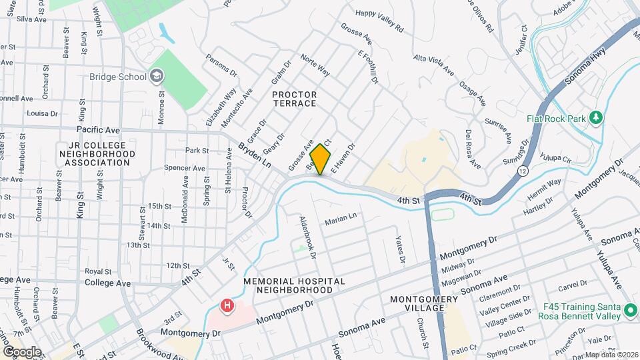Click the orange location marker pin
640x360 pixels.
point(321,159)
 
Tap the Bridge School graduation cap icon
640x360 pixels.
point(157,77)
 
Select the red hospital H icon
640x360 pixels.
point(227,306)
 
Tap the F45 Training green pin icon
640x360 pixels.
point(630,311)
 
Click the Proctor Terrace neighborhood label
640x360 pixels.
point(294,99)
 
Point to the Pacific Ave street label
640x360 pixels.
point(98,129)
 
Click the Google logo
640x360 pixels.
point(22,351)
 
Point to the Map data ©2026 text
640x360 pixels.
point(611,354)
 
